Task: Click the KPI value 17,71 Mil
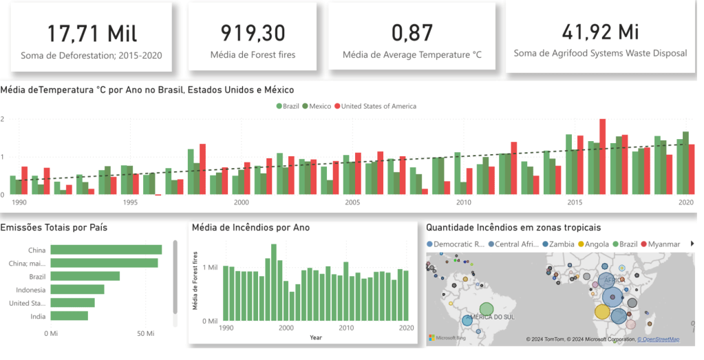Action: (x=92, y=32)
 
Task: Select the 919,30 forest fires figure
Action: (x=253, y=32)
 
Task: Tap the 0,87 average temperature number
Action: (x=412, y=32)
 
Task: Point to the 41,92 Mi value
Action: (x=600, y=32)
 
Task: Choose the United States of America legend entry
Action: (x=378, y=106)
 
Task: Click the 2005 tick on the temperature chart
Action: (x=352, y=203)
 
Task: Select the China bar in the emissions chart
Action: (x=106, y=250)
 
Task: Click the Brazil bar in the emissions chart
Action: (x=85, y=276)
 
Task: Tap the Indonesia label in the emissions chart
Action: (x=32, y=290)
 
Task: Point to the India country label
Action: (x=38, y=317)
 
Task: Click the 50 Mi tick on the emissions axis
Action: (x=145, y=334)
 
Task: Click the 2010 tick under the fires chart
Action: (x=346, y=328)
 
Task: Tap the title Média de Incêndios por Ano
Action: (x=250, y=227)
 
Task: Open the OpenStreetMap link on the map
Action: (x=658, y=339)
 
